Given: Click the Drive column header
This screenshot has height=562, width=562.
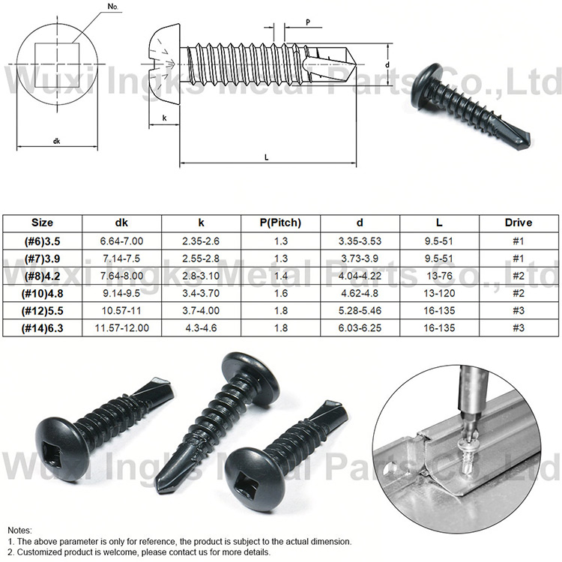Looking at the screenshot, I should click(x=518, y=223).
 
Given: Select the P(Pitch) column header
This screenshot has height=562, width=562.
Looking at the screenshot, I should click(x=281, y=223).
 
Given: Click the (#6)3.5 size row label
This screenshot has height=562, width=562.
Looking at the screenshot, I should click(x=42, y=240).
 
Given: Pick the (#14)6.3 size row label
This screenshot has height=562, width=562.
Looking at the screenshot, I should click(x=42, y=327).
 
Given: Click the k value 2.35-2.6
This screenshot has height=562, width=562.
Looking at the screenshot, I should click(x=201, y=240).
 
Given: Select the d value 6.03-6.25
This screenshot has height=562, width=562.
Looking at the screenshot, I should click(x=360, y=327).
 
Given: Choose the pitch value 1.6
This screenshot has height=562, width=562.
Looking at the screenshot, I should click(x=281, y=292).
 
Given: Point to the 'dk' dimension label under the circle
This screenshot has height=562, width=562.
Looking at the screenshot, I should click(x=57, y=141).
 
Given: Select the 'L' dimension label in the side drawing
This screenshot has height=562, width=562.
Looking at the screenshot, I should click(x=267, y=157).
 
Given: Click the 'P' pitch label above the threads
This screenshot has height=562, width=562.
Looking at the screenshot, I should click(x=309, y=23).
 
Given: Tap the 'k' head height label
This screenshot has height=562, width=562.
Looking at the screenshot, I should click(x=163, y=118).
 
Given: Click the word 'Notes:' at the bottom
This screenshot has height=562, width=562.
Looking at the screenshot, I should click(x=20, y=529).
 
